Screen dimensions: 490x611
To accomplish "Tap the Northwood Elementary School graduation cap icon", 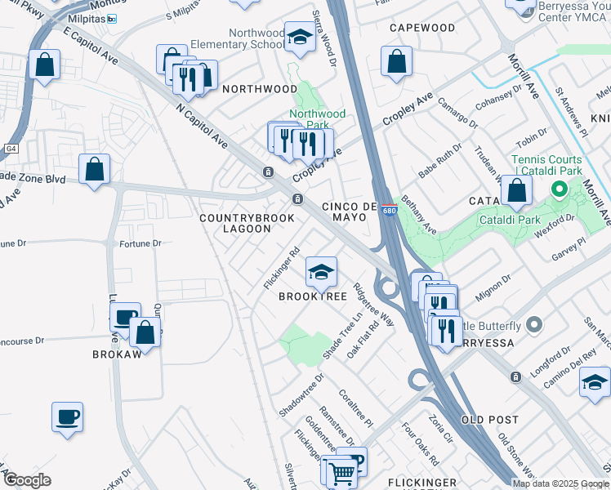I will pyautogui.click(x=300, y=38).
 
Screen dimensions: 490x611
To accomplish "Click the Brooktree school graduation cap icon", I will pyautogui.click(x=321, y=271).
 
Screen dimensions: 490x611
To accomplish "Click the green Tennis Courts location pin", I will pyautogui.click(x=560, y=191).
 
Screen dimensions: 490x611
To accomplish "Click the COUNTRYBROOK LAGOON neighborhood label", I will pyautogui.click(x=235, y=224).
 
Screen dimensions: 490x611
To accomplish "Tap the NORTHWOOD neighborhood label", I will pyautogui.click(x=260, y=88).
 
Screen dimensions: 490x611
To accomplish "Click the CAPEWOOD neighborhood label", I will pyautogui.click(x=422, y=28).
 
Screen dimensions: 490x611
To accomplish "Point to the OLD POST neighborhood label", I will pyautogui.click(x=490, y=419).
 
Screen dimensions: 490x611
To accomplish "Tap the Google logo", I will pyautogui.click(x=27, y=479).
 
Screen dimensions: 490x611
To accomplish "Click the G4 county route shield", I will pyautogui.click(x=11, y=149).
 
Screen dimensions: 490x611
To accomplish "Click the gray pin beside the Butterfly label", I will pyautogui.click(x=534, y=325).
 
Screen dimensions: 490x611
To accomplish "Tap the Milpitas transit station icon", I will pyautogui.click(x=112, y=19).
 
